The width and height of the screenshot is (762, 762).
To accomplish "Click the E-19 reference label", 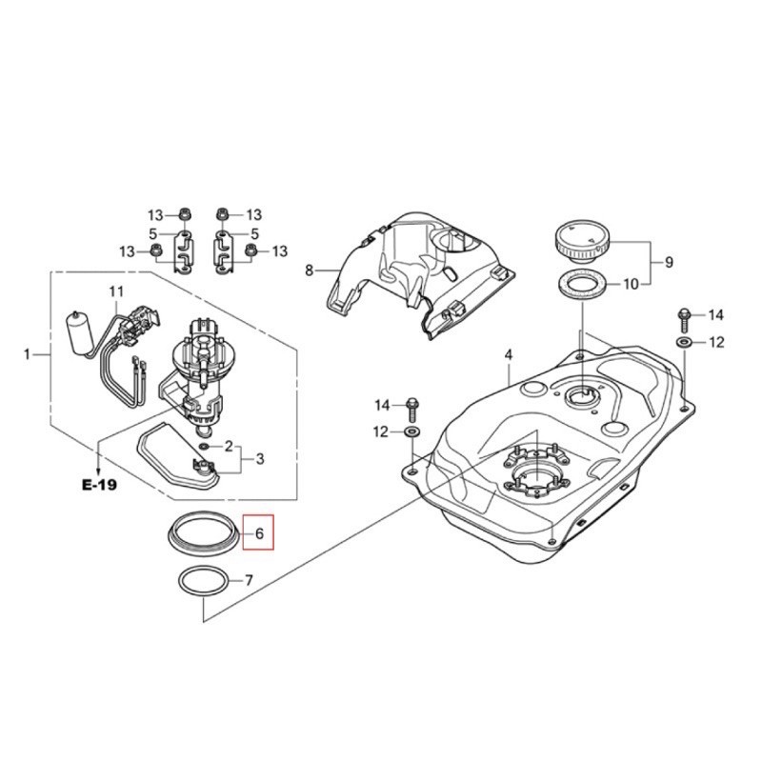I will click(98, 484).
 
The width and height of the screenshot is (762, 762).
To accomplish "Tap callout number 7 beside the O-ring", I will click(249, 580).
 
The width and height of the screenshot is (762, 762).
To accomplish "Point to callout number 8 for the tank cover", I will click(309, 271).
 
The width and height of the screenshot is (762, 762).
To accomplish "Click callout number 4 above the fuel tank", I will click(509, 354).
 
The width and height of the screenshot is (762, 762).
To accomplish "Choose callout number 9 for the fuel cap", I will click(669, 261).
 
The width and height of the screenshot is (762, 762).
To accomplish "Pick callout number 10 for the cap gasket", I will click(631, 284).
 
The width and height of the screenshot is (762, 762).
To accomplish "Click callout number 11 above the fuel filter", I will click(116, 290).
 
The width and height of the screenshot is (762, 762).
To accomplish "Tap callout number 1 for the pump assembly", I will click(27, 354).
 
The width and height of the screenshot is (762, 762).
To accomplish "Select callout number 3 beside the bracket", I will click(259, 459).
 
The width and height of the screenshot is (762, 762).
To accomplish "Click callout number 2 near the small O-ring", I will click(229, 446).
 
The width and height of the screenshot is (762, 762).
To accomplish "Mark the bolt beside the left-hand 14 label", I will click(412, 407).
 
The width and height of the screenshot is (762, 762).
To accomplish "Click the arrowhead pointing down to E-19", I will click(99, 462).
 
